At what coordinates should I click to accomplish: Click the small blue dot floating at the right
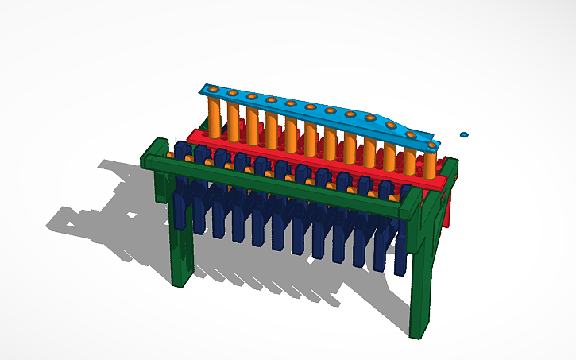click(x=465, y=135)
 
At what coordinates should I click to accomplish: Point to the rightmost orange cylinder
click(x=430, y=164)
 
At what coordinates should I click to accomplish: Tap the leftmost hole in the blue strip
click(x=212, y=88)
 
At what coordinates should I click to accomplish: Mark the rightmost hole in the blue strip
click(x=431, y=145)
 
